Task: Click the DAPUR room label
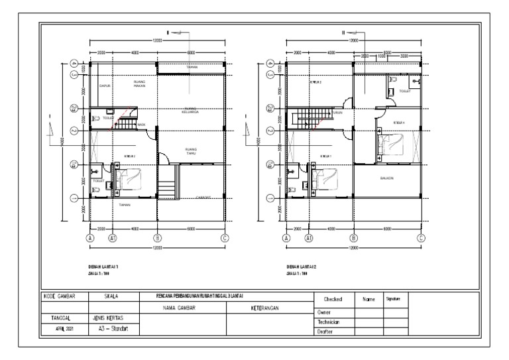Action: click(x=103, y=86)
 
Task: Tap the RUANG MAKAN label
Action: click(x=139, y=84)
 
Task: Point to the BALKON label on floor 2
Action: click(x=387, y=178)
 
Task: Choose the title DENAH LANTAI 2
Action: click(x=300, y=265)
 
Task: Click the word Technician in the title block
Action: click(x=329, y=322)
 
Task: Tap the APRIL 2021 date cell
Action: click(x=64, y=328)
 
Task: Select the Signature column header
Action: click(x=395, y=299)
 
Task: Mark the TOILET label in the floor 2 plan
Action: click(x=405, y=91)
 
